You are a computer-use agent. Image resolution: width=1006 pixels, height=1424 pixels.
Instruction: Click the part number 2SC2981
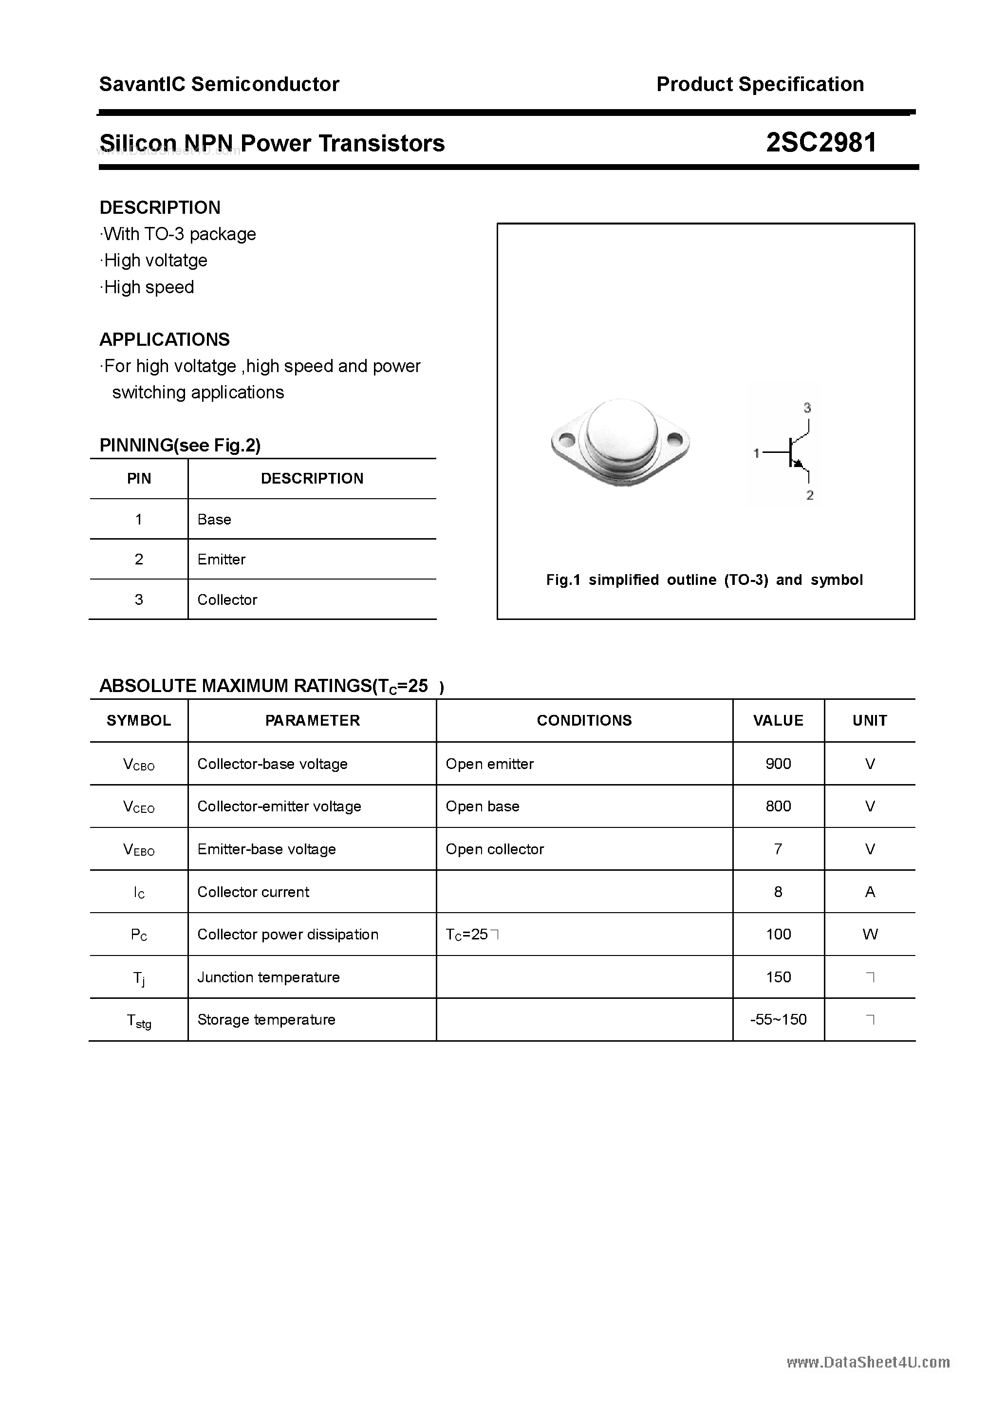[x=820, y=143]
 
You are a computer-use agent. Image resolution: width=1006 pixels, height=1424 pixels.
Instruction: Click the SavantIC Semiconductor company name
[x=219, y=84]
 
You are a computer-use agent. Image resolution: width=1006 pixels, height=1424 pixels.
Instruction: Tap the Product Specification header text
[x=760, y=84]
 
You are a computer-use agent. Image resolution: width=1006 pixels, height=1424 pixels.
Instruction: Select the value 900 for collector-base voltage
[x=778, y=764]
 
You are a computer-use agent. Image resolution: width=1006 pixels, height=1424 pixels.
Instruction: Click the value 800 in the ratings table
[x=778, y=806]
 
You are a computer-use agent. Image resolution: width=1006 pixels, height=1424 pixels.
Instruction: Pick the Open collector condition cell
[x=494, y=849]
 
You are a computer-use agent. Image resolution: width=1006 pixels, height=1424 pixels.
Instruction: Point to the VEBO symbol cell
[x=139, y=850]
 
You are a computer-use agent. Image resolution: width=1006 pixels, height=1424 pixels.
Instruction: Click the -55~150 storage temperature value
[x=778, y=1020]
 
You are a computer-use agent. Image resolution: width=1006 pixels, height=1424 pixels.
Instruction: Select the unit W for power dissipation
[x=870, y=935]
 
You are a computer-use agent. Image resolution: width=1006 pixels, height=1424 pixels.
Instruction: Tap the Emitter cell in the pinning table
[x=222, y=560]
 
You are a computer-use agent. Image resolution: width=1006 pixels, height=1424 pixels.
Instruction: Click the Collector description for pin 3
[x=227, y=600]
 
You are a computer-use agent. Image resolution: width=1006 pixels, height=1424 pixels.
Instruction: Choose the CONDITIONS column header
[x=584, y=721]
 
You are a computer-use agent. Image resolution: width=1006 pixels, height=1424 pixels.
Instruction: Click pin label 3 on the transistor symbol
[x=807, y=408]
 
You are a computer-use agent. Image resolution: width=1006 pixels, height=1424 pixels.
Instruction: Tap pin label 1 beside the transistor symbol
[x=756, y=453]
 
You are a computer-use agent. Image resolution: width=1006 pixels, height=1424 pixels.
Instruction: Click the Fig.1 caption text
[x=704, y=580]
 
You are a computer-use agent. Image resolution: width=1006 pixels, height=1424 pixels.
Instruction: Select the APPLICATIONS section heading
[x=165, y=340]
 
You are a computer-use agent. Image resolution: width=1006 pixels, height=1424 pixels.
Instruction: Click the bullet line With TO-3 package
[x=179, y=234]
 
